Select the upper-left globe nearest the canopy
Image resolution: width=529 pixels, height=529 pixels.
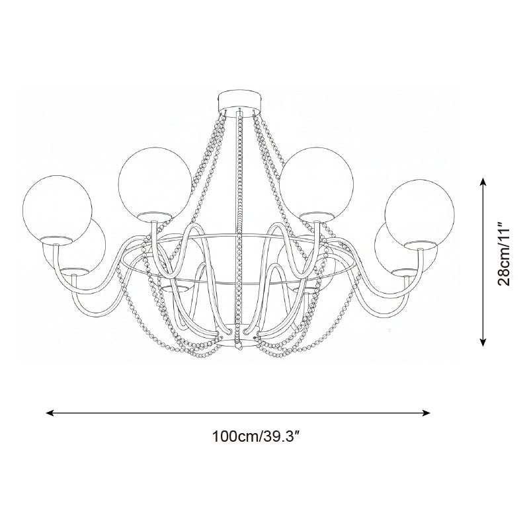154,182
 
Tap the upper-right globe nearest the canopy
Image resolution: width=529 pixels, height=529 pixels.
315,182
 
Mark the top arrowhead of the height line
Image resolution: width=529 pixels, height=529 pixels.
483,181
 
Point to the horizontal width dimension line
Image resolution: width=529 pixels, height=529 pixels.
238,413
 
